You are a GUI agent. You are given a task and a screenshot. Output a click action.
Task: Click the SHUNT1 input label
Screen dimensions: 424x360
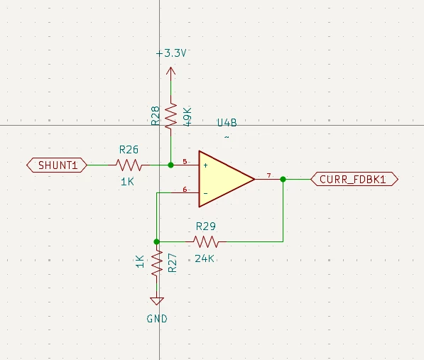(x=57, y=165)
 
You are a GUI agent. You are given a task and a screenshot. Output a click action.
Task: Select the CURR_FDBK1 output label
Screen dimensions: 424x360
(x=354, y=179)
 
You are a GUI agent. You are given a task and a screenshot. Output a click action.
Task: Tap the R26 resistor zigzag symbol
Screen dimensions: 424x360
(x=129, y=165)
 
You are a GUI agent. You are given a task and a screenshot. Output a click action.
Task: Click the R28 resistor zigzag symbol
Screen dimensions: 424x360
(x=170, y=116)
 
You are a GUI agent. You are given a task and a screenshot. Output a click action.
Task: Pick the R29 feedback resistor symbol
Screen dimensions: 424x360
(x=206, y=241)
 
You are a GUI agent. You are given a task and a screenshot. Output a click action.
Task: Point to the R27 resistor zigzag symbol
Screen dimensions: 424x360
(x=156, y=263)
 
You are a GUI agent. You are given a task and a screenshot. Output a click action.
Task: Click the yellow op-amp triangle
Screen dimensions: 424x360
(x=227, y=179)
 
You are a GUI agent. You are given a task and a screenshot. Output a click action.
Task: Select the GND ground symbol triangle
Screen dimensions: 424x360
(x=156, y=301)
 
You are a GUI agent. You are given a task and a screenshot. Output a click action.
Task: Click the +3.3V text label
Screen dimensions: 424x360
(x=171, y=53)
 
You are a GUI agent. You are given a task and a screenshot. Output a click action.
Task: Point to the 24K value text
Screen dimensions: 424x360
(x=205, y=259)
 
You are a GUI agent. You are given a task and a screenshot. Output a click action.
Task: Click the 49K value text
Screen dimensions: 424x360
(x=187, y=116)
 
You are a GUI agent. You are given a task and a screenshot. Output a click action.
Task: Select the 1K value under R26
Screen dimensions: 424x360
(x=127, y=182)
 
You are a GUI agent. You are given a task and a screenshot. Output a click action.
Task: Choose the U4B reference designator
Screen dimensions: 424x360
(x=227, y=123)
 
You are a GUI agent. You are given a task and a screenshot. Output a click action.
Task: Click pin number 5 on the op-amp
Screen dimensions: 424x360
(x=185, y=162)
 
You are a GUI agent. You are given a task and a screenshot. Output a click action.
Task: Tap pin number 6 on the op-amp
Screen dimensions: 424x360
(x=185, y=189)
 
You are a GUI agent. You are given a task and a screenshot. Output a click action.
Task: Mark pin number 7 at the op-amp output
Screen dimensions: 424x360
(x=268, y=175)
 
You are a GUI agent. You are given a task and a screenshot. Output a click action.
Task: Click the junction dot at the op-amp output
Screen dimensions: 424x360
(x=283, y=179)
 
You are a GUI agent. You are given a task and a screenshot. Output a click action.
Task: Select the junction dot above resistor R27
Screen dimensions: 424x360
(x=156, y=241)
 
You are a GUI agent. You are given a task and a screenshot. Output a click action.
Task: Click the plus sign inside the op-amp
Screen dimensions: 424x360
(x=205, y=165)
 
